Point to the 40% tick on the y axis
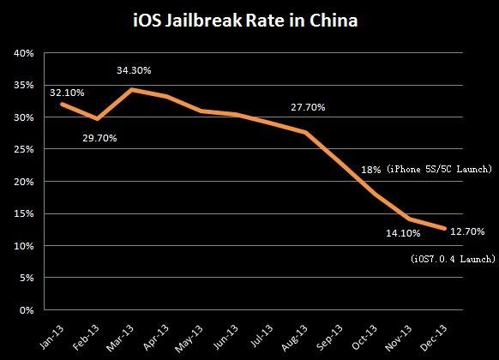tap(23, 53)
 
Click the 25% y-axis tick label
tap(23, 150)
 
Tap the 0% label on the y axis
tap(26, 310)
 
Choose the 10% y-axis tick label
tap(23, 246)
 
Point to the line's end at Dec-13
tap(444, 228)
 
